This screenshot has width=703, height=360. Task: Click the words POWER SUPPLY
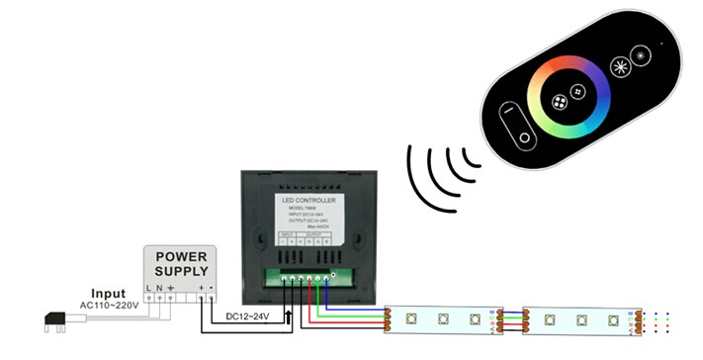pyautogui.click(x=180, y=263)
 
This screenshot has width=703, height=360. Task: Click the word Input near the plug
pyautogui.click(x=108, y=294)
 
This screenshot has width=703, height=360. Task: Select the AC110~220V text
pyautogui.click(x=108, y=306)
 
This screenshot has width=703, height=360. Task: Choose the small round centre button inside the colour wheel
pyautogui.click(x=560, y=102)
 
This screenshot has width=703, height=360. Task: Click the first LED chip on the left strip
pyautogui.click(x=408, y=318)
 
